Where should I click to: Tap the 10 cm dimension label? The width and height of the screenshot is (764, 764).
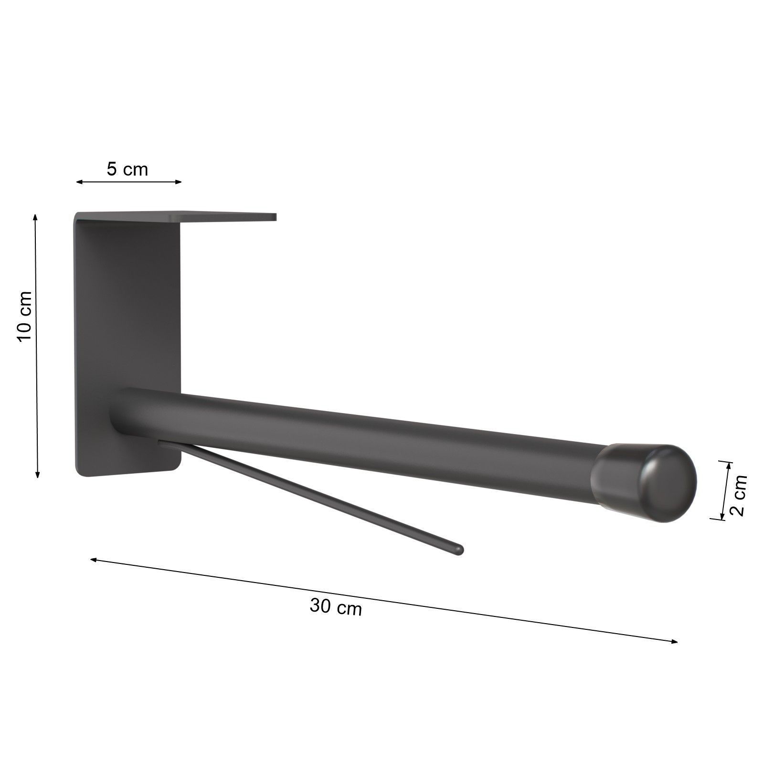click(24, 316)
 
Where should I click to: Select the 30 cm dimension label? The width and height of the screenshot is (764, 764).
click(336, 607)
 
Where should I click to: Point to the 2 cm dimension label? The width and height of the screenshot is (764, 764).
click(738, 495)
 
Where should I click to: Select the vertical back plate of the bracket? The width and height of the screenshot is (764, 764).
click(127, 344)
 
